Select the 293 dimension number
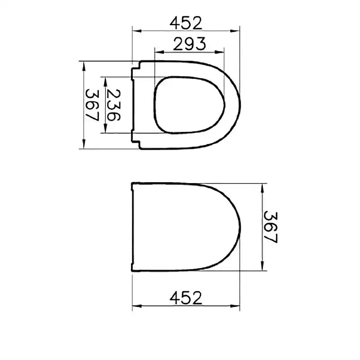pos(189,44)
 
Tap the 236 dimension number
pos(113,105)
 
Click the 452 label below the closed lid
pos(186,297)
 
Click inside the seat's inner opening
pos(189,105)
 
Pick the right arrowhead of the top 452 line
pos(237,31)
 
